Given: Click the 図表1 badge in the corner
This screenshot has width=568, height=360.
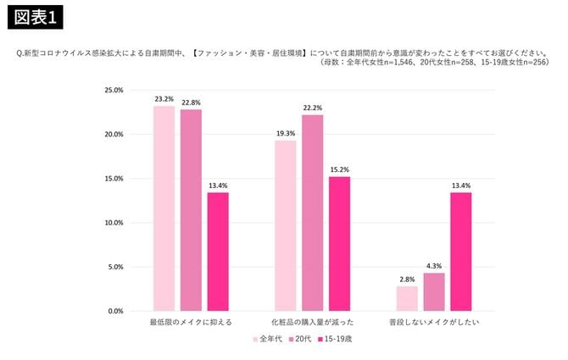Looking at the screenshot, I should click(x=38, y=16).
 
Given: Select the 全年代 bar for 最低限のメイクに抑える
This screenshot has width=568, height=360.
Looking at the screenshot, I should click(x=164, y=208).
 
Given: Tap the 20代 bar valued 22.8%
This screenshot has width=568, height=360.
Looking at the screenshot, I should click(x=191, y=210).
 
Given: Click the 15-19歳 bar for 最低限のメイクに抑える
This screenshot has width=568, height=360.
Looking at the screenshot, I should click(x=218, y=252).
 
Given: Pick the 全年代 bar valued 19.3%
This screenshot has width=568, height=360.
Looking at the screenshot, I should click(x=286, y=225).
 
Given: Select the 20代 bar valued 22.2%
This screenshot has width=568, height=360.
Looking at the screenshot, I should click(x=313, y=213).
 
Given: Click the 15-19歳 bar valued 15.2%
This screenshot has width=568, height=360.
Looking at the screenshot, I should click(x=339, y=244).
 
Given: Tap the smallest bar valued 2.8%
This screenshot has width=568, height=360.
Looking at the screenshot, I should click(x=407, y=298).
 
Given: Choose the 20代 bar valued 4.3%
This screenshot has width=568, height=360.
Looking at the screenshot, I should click(x=434, y=291).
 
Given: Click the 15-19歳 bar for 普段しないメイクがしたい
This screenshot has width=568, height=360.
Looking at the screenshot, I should click(x=461, y=252).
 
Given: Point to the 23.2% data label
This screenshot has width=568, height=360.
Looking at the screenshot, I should click(x=164, y=99).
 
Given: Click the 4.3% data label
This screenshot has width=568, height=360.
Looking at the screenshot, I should click(x=434, y=266).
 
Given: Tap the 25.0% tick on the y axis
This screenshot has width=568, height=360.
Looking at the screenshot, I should click(x=114, y=90).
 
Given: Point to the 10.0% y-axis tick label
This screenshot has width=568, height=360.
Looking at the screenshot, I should click(x=114, y=223).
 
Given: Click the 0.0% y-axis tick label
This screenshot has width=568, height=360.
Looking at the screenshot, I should click(x=115, y=311).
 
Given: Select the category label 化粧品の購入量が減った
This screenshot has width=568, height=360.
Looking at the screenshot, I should click(x=313, y=324).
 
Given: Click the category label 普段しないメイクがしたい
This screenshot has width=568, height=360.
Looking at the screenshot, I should click(x=434, y=324).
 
